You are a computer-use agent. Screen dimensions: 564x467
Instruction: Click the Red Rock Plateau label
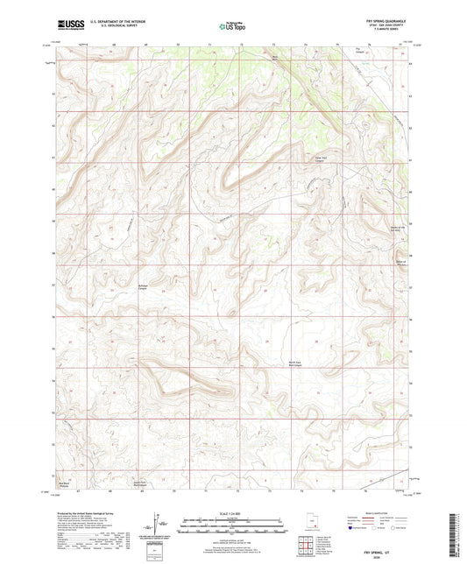pos(63,483)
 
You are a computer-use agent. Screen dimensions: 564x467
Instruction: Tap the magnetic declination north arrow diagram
pos(157,525)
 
